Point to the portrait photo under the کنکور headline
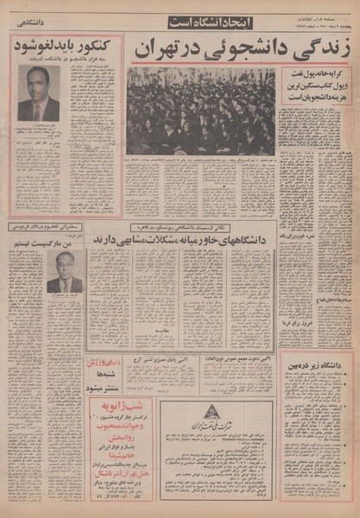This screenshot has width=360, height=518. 38,93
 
